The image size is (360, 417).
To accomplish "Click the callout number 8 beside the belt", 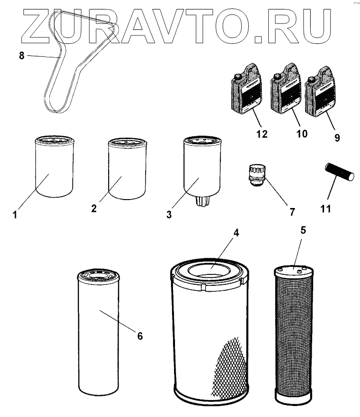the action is point(21,56).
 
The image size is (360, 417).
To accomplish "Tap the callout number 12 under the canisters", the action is point(262,134).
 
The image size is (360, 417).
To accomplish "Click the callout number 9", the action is point(337,137).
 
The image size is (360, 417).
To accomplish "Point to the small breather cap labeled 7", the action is point(257,175).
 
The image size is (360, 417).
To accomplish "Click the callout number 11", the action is point(325,208).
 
